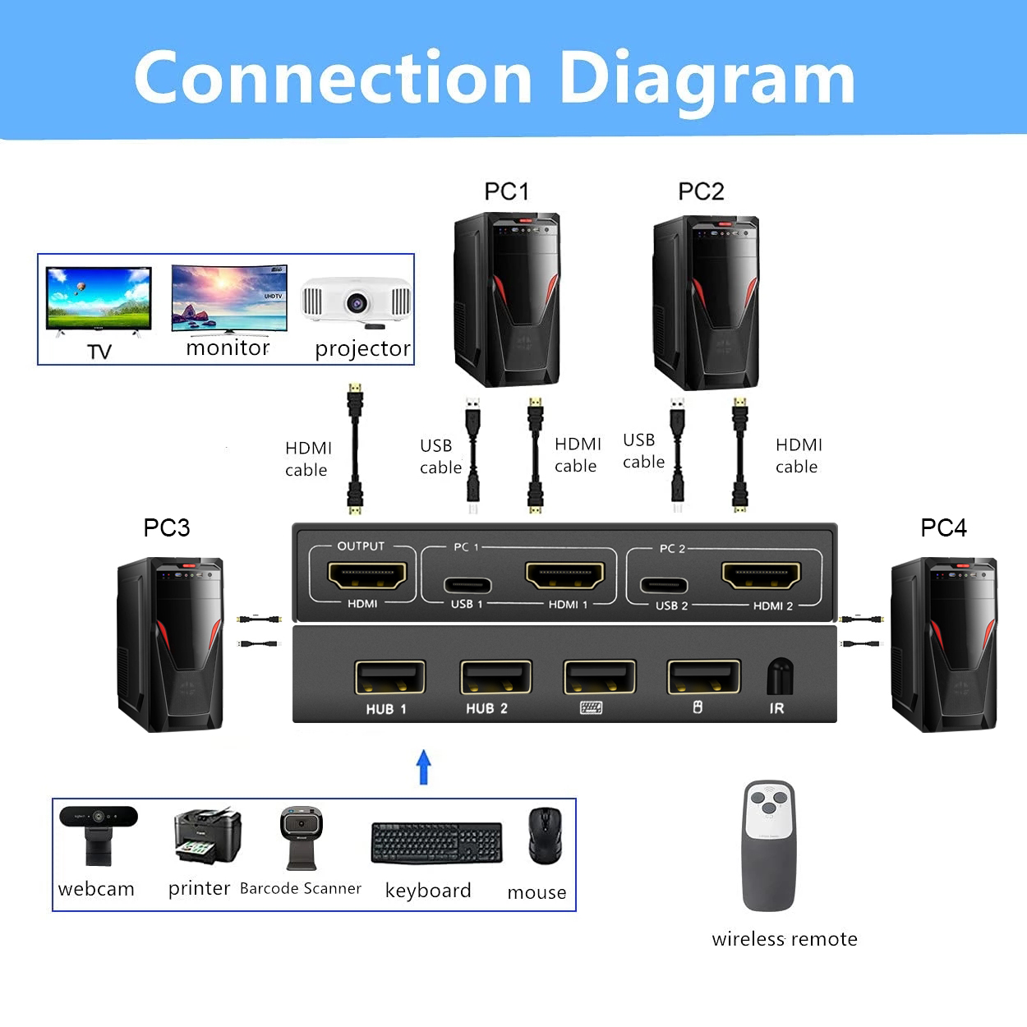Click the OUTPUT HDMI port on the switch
367,575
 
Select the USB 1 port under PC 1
467,586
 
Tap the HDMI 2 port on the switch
761,575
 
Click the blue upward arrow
424,767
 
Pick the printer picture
207,835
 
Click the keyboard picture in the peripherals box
436,843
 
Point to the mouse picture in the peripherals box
545,836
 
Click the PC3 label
166,527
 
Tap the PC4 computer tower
943,644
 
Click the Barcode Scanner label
300,888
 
